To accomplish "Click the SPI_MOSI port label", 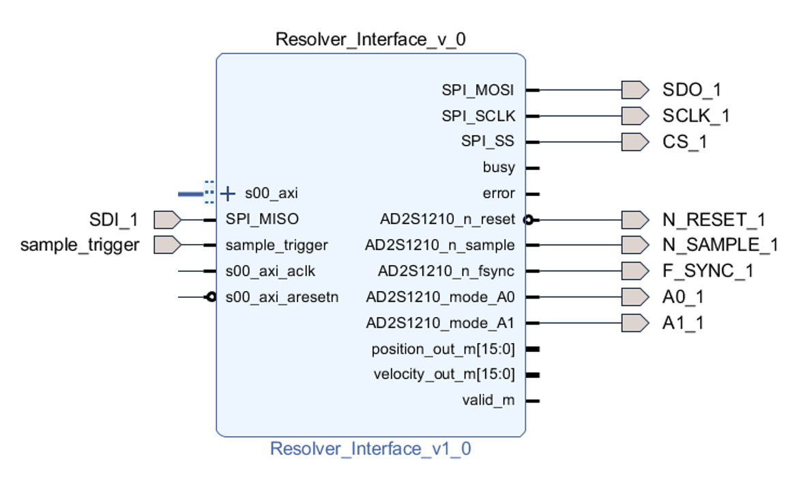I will [x=478, y=90].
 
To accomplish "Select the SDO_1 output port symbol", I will [x=635, y=90].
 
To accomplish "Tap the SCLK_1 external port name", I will [x=695, y=115].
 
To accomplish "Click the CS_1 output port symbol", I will [x=635, y=142].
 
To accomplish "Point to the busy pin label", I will [x=499, y=167].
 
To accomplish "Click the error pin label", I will [x=499, y=193].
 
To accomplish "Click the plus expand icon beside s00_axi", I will [x=228, y=194].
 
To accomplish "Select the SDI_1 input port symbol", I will [x=167, y=219].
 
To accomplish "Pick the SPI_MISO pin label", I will [x=262, y=219].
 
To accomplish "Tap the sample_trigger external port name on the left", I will [x=80, y=245].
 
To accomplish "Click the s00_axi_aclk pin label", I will [x=270, y=271].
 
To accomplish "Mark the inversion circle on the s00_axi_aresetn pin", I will [x=212, y=297].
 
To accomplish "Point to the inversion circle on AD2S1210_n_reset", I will [x=527, y=220].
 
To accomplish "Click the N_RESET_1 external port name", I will [x=714, y=220].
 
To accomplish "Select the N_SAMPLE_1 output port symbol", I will [x=635, y=245].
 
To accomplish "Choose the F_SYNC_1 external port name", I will [x=708, y=271].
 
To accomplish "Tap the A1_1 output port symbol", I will [x=635, y=322].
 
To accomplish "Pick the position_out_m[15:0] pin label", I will [x=443, y=349].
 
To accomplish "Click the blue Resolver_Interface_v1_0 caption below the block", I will [x=370, y=449].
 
